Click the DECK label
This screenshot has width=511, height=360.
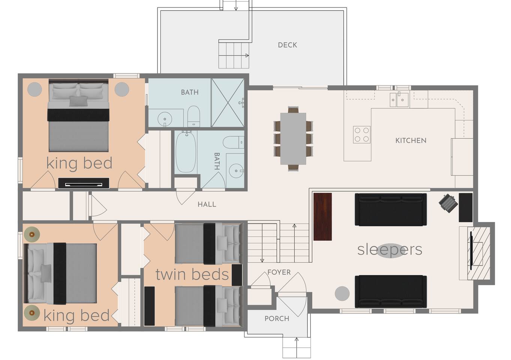(288, 45)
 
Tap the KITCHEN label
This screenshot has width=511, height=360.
(411, 141)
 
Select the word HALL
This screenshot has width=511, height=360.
(207, 204)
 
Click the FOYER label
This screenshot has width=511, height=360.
(279, 272)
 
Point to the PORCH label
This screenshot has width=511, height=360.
(277, 318)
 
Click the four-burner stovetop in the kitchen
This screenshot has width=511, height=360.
(362, 135)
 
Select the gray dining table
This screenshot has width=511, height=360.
(293, 138)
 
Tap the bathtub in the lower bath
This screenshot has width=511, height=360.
(186, 152)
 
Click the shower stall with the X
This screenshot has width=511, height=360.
(228, 103)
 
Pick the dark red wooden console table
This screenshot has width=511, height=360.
(322, 217)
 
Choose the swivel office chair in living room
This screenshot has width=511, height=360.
(448, 203)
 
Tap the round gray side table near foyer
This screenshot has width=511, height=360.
(342, 294)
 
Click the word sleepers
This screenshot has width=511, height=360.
(390, 250)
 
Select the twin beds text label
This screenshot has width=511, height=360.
(192, 274)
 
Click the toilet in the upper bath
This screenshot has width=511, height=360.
(194, 116)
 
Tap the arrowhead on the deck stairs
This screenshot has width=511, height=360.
(247, 55)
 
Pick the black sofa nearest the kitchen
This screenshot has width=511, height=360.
(391, 210)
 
